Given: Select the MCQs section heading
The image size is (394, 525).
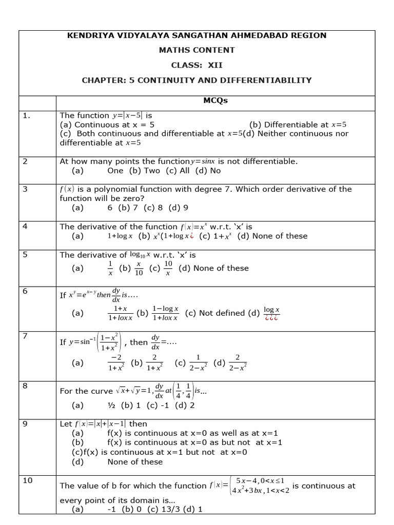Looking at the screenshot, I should pyautogui.click(x=215, y=100).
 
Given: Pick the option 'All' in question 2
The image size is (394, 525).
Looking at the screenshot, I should pyautogui.click(x=184, y=171).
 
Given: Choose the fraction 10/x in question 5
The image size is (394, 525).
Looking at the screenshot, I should pyautogui.click(x=168, y=268).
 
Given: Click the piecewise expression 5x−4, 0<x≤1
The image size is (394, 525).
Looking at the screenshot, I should pyautogui.click(x=259, y=480).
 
